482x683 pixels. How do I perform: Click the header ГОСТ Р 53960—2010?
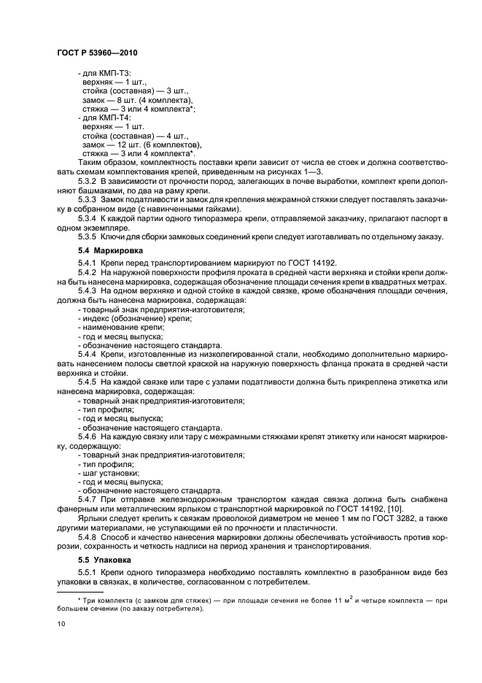[97, 53]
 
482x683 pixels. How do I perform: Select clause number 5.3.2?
[88, 179]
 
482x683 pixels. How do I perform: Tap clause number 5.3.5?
[88, 236]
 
